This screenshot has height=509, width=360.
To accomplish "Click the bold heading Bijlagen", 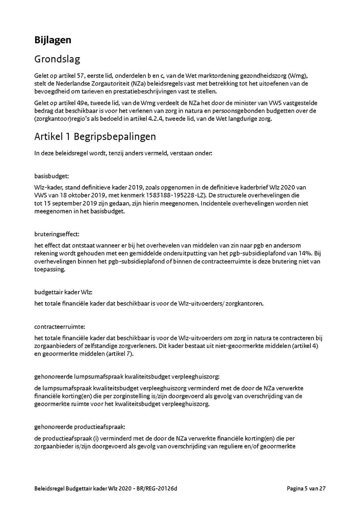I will tap(53, 40).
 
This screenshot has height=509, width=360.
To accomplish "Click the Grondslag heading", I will tap(57, 59).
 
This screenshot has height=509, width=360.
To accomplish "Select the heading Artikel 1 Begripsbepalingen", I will tap(95, 136).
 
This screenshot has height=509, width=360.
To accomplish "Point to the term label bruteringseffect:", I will tap(56, 234).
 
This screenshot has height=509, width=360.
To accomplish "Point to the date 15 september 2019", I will tap(63, 204).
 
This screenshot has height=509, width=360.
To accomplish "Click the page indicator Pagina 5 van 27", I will tap(306, 488).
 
